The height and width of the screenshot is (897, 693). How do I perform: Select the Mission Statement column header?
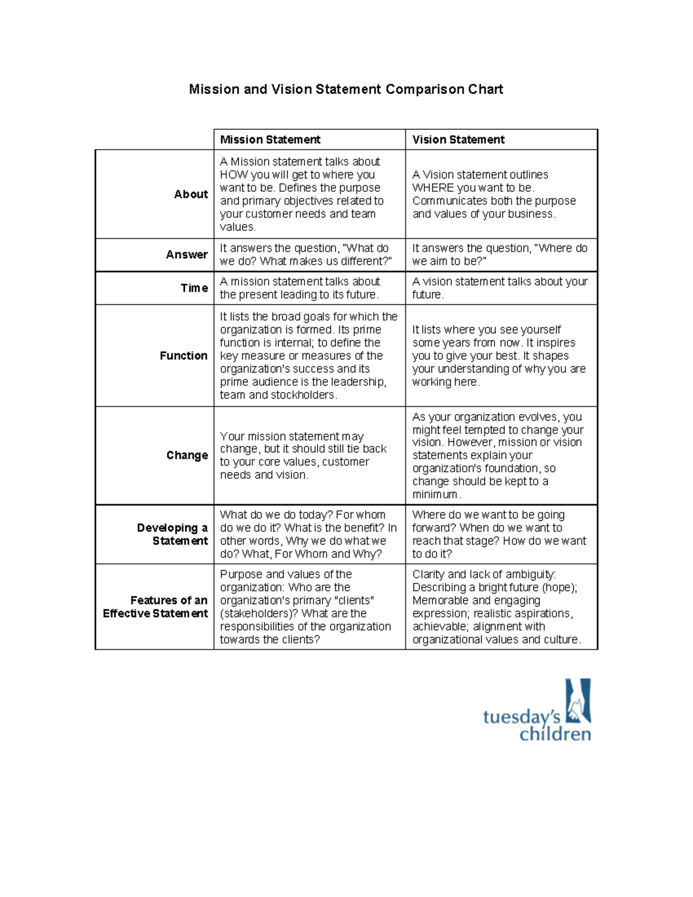click(x=270, y=140)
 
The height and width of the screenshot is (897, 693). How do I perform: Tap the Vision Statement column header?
click(x=458, y=140)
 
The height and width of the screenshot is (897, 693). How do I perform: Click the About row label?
click(x=191, y=195)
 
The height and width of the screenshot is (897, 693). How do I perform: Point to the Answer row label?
click(x=187, y=255)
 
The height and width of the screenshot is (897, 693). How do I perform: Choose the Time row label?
click(x=194, y=288)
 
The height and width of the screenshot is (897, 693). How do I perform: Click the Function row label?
click(x=183, y=356)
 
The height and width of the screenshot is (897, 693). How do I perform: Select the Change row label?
click(x=187, y=455)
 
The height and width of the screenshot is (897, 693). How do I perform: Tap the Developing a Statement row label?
click(x=172, y=534)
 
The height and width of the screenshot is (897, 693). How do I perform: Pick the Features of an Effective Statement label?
click(x=155, y=606)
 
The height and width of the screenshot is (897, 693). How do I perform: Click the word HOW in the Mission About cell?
click(x=233, y=175)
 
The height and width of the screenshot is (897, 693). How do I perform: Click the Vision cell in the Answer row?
click(x=500, y=255)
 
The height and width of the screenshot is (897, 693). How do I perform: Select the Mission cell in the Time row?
click(x=300, y=288)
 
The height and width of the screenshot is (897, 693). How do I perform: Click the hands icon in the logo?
click(x=577, y=701)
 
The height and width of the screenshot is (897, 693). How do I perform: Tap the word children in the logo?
click(x=555, y=735)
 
